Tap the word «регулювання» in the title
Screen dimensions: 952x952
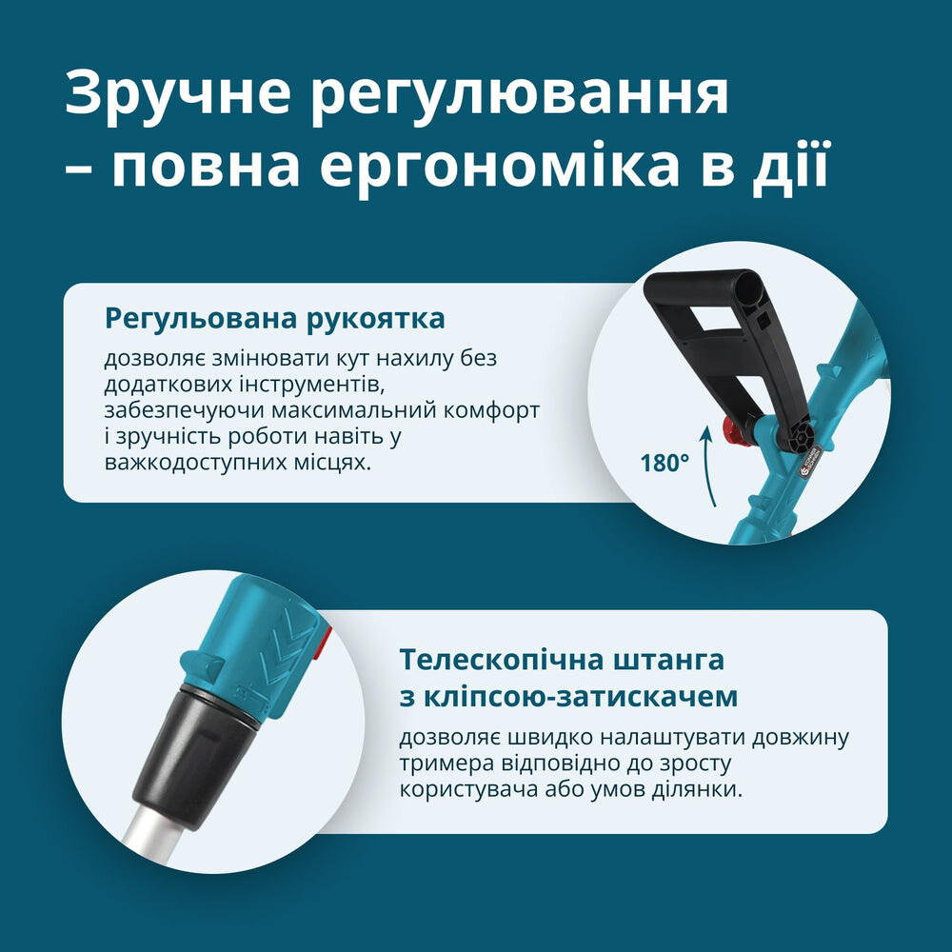[520, 94]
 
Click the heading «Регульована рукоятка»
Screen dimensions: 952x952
[275, 319]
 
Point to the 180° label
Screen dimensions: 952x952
[664, 464]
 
